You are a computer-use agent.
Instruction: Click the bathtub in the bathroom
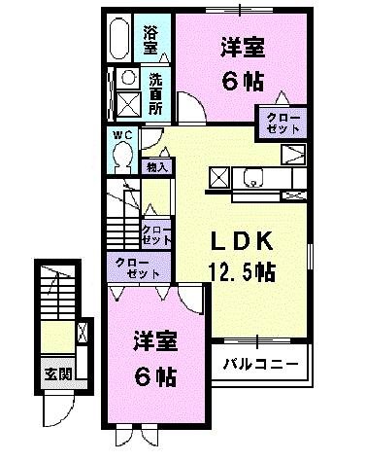120,40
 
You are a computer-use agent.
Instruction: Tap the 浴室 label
151,39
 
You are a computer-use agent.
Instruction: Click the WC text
122,134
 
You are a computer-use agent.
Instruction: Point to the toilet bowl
123,156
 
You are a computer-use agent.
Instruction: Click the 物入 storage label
156,167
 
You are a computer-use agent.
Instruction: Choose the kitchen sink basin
254,177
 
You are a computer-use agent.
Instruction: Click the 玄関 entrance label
57,373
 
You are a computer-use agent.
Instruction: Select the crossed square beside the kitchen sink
219,177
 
